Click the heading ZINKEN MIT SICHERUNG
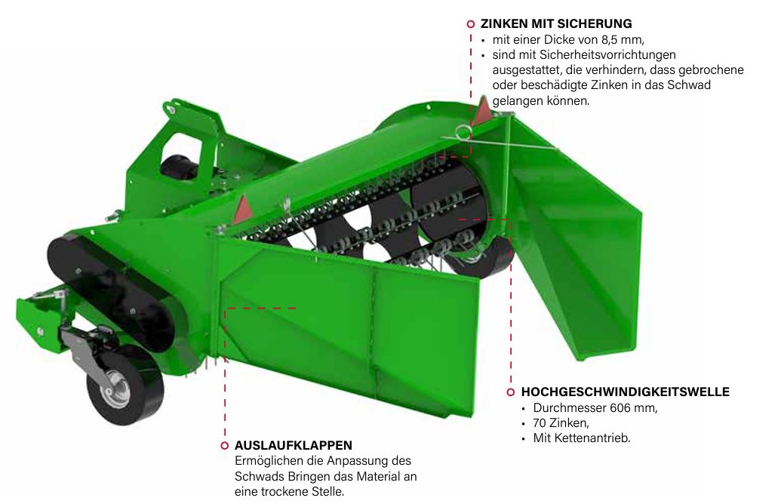click(x=556, y=24)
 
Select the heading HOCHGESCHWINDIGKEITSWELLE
click(x=625, y=392)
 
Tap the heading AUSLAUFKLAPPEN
click(x=294, y=445)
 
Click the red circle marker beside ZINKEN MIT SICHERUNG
click(x=470, y=24)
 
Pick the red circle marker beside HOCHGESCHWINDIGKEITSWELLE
click(x=511, y=392)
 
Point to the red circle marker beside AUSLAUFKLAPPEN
click(x=224, y=445)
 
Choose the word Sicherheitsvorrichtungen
click(x=584, y=54)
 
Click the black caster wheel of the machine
click(x=125, y=385)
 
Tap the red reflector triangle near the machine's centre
click(x=243, y=209)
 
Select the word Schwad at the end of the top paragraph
click(x=689, y=85)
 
